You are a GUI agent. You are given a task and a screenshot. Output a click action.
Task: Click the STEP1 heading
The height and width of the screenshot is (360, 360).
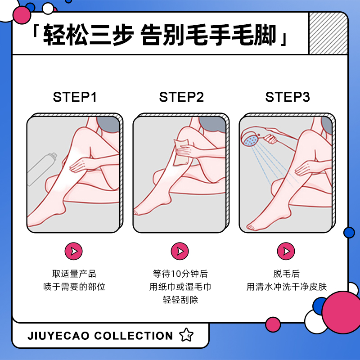pos(75,97)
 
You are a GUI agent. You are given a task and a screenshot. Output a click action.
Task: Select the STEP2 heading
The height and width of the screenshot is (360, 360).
pos(181,97)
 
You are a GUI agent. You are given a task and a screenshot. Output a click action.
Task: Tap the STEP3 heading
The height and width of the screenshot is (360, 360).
pos(287,97)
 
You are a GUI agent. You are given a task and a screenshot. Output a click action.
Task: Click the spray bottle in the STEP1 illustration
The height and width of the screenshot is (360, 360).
pos(43,168)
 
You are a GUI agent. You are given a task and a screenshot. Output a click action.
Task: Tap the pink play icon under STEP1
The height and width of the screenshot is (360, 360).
pos(74,251)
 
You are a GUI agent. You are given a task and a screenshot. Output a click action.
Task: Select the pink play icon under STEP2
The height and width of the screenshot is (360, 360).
pos(180,251)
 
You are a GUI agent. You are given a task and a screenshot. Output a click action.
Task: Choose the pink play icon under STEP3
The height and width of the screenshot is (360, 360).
pos(286,251)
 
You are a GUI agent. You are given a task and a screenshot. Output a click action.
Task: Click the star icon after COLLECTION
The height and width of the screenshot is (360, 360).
pos(186,335)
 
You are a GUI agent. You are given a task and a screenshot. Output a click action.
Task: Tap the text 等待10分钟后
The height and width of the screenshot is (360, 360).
pos(180,274)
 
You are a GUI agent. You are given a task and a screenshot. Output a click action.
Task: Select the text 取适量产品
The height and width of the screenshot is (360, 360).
pos(74,274)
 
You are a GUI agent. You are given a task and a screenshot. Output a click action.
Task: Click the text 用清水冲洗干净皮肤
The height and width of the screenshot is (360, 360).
pos(286,287)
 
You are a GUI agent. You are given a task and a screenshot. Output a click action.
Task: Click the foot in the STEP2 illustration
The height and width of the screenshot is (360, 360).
pos(146,211)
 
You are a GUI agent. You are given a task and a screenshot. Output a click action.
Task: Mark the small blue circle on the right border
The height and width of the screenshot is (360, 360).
pos(349,232)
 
